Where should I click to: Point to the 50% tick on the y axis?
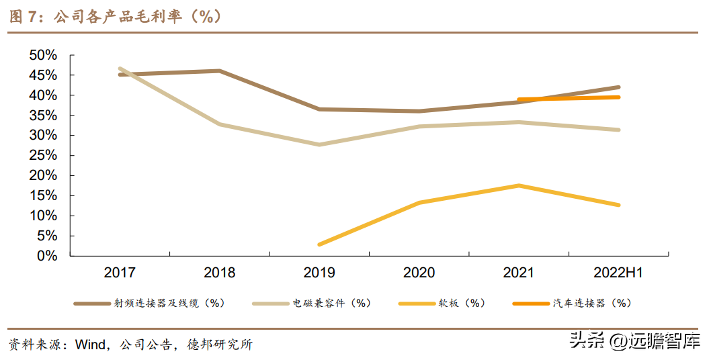point(44,55)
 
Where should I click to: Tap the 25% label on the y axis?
point(44,155)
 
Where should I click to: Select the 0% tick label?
point(48,256)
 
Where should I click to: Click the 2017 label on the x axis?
point(120,273)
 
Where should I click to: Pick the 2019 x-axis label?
point(319,273)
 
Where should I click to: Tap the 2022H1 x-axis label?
point(618,273)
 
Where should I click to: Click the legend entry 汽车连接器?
point(591,304)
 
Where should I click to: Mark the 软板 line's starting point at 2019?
point(319,244)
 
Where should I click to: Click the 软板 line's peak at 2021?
point(518,185)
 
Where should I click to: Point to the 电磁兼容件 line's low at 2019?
point(319,144)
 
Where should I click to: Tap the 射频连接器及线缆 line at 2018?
point(220,71)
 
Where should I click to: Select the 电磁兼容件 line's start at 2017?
point(120,69)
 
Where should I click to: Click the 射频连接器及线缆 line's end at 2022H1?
point(618,87)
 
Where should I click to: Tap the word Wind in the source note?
point(90,345)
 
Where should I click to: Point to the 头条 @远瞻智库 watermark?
point(634,341)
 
